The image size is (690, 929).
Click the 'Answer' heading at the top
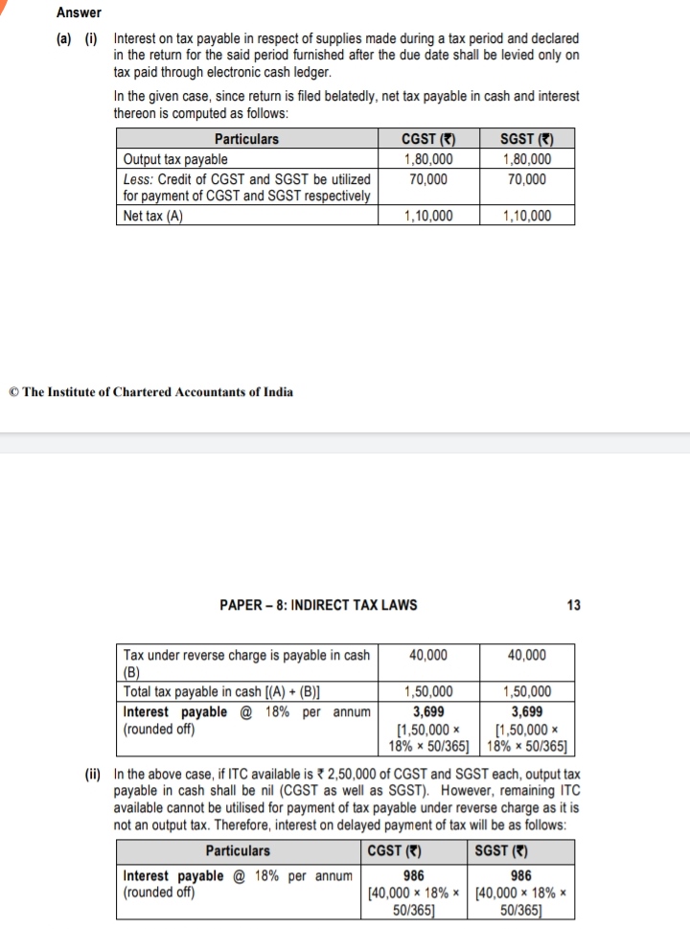79,12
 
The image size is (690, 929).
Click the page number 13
573,605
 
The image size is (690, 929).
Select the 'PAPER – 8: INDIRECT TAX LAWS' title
318,605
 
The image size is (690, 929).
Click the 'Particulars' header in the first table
246,139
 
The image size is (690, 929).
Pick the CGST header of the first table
428,139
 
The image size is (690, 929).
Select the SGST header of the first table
527,139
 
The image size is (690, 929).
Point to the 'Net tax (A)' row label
153,216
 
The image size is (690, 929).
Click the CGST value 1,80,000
428,159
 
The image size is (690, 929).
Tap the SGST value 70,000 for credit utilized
527,178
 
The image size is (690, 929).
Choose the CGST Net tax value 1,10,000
428,216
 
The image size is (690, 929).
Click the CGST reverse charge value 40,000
427,656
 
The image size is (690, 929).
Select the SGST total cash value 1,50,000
527,691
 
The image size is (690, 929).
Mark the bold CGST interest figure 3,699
427,711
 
